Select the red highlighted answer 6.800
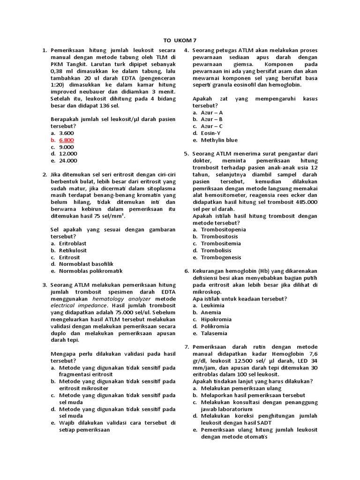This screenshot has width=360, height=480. (x=66, y=140)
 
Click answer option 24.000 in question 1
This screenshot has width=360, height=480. (x=68, y=161)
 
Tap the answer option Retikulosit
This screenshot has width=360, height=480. (x=73, y=250)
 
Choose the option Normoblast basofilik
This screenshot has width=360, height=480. (x=86, y=264)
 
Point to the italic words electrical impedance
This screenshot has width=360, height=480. (x=79, y=305)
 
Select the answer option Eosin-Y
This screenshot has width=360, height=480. (x=210, y=133)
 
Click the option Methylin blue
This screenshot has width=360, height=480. (x=219, y=140)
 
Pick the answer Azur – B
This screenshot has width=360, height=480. (x=211, y=120)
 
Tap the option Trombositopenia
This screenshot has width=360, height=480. (x=223, y=230)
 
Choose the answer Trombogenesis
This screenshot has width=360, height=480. (x=221, y=257)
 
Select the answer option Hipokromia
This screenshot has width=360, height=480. (x=215, y=319)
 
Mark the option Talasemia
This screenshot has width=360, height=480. (x=214, y=333)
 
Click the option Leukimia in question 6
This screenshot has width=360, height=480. (x=212, y=305)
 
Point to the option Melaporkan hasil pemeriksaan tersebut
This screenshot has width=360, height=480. (x=253, y=395)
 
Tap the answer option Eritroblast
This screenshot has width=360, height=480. (x=73, y=243)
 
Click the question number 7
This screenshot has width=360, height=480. (x=186, y=346)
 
